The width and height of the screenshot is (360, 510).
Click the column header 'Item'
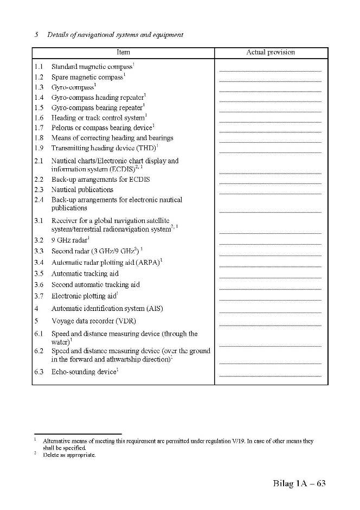click(x=123, y=53)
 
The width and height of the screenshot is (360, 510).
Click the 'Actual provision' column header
click(x=271, y=53)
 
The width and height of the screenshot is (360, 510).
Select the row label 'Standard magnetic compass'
click(x=92, y=67)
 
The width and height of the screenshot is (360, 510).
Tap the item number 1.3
click(x=38, y=87)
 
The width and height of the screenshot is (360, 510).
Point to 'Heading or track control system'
click(x=98, y=118)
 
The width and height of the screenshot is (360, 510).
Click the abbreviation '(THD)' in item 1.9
click(x=148, y=148)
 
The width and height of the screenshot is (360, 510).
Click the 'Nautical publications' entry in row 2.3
click(x=82, y=190)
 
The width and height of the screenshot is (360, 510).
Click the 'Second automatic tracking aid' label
click(x=95, y=285)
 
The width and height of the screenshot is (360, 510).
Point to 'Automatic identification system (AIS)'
click(x=107, y=309)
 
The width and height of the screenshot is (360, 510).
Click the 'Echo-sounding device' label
click(x=83, y=372)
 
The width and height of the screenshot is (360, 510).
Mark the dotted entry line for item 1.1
click(x=270, y=71)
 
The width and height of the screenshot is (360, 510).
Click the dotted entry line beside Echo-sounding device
click(x=270, y=375)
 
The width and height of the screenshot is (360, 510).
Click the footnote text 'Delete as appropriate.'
click(x=69, y=455)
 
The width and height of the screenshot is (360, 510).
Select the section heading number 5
click(x=36, y=35)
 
